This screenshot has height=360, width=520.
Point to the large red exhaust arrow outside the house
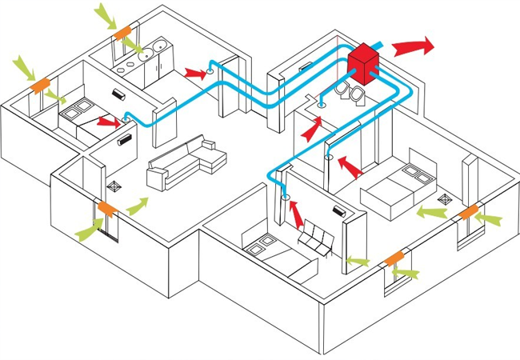pos(414,46)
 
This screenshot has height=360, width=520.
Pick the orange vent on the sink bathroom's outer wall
pos(122,34)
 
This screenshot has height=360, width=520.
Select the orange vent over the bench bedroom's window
pos(394,259)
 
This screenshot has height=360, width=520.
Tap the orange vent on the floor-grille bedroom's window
pos(468,212)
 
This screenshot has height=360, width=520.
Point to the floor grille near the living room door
pos(114,186)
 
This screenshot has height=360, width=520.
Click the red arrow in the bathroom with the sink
pos(194,73)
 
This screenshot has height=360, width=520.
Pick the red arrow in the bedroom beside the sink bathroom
pos(108,122)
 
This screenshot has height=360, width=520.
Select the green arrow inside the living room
pos(137,205)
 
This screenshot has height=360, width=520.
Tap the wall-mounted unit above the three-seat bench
pos(338,213)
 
